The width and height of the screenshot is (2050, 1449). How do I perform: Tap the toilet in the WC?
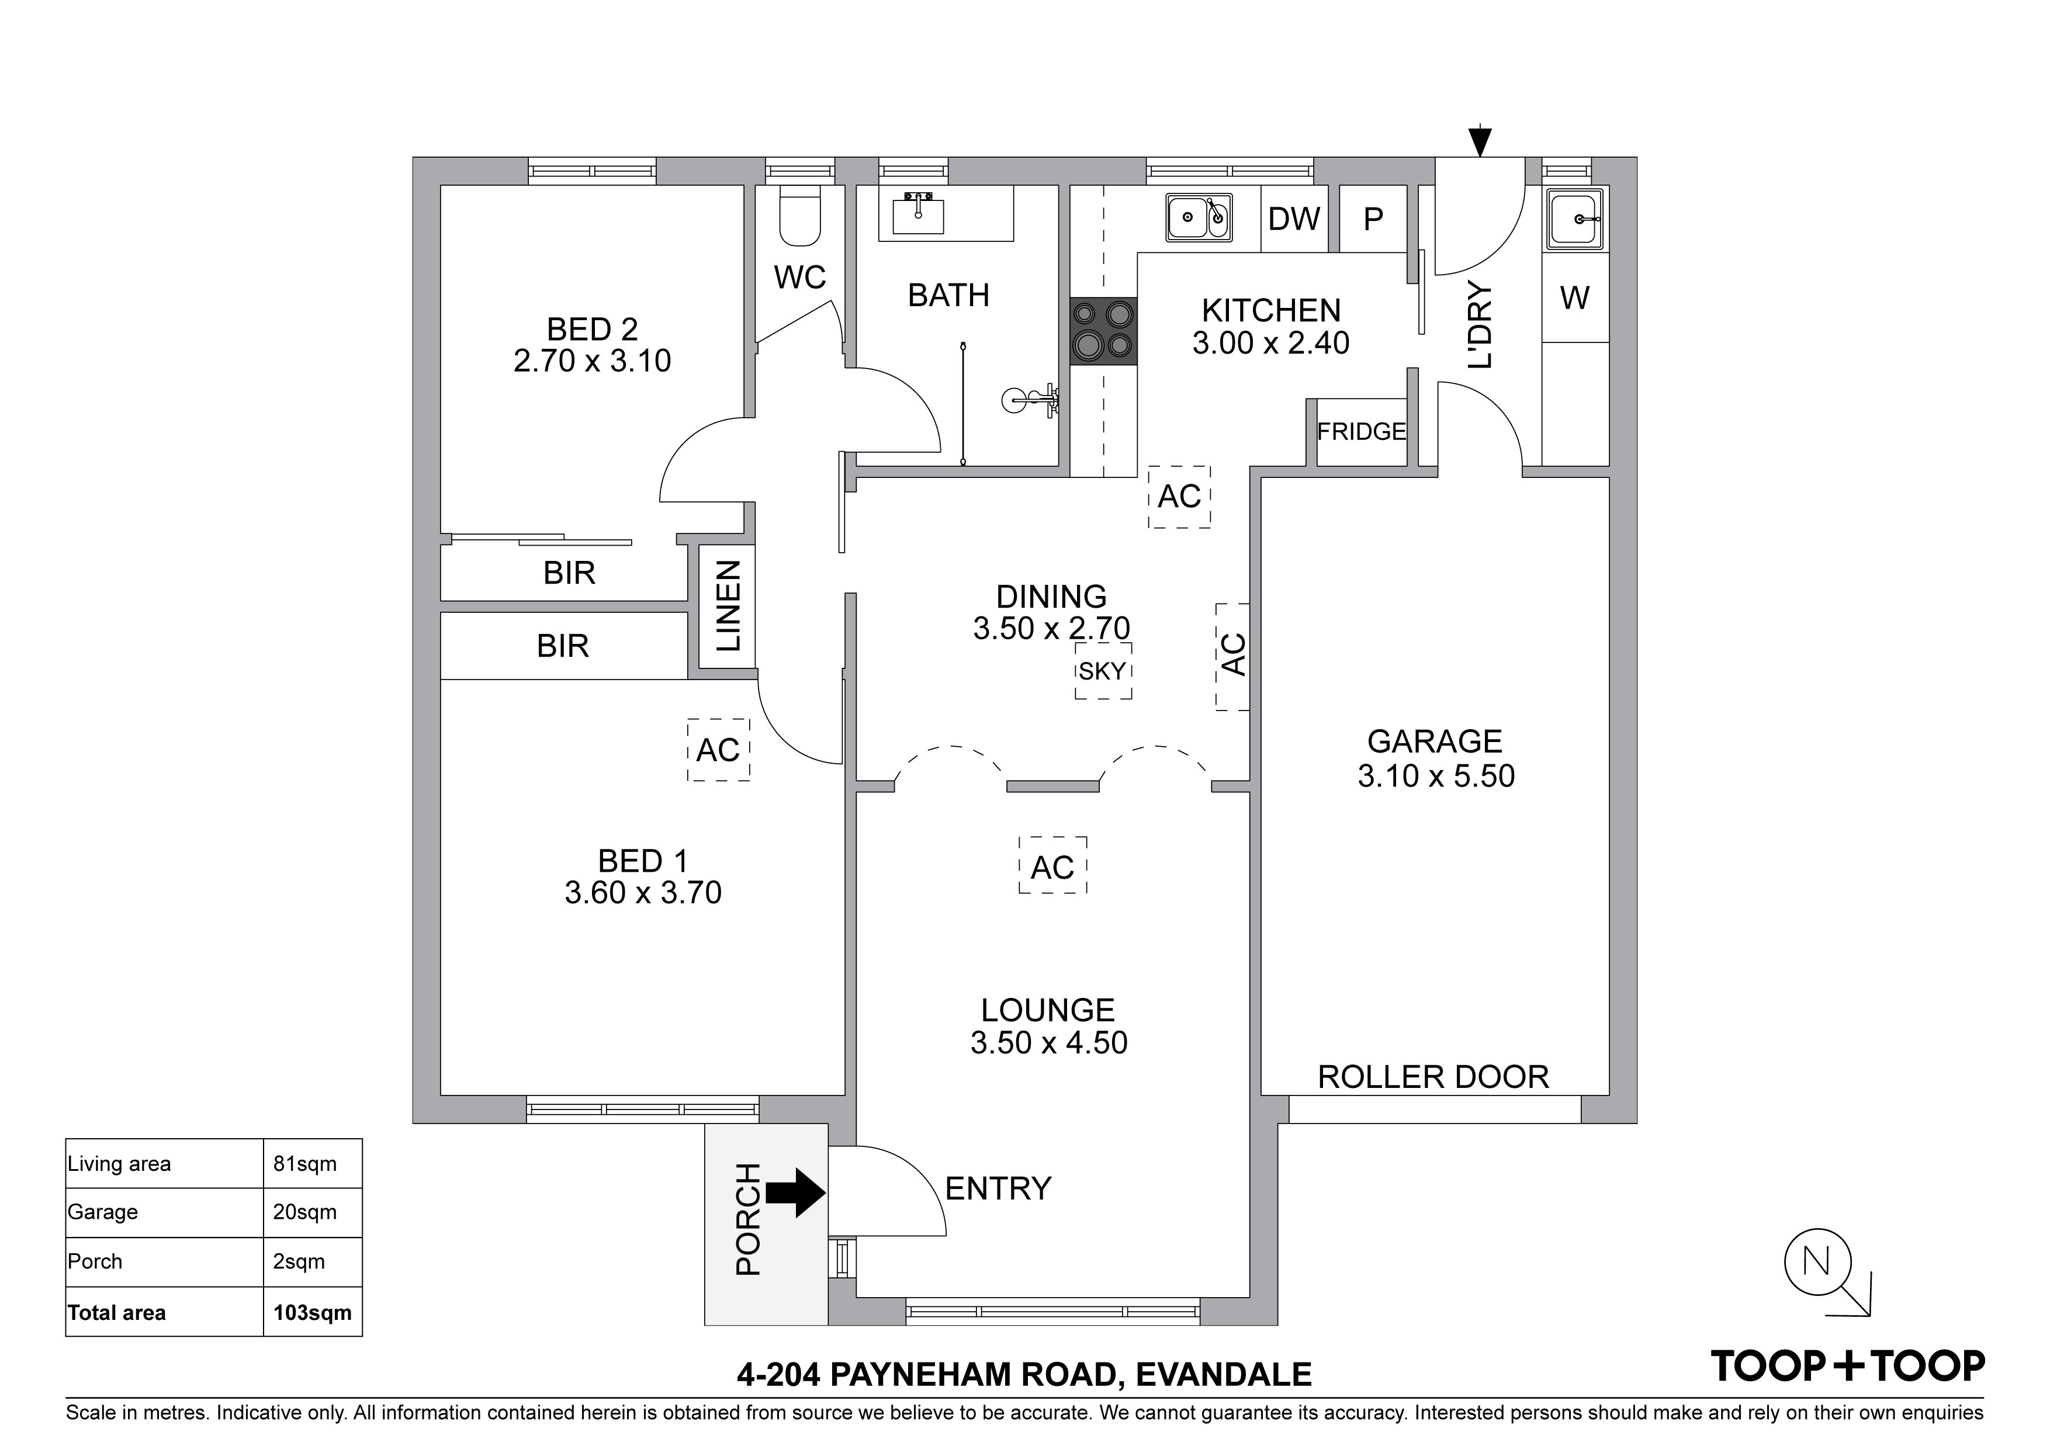[800, 217]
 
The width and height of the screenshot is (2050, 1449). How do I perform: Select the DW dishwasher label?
[1294, 219]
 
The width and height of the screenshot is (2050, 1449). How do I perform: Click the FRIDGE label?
[1360, 432]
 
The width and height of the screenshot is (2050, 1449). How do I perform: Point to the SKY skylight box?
[1103, 671]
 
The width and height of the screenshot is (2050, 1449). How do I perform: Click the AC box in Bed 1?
[718, 750]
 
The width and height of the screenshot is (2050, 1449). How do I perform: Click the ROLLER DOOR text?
[1433, 1077]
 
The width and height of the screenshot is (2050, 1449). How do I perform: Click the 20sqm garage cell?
[304, 1212]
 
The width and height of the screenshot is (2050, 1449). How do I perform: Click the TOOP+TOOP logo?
[1847, 1366]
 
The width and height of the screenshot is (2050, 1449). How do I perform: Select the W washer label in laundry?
[1575, 298]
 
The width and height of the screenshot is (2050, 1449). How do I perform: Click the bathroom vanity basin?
[918, 214]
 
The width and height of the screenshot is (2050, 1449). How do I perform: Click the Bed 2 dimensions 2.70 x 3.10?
[592, 360]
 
